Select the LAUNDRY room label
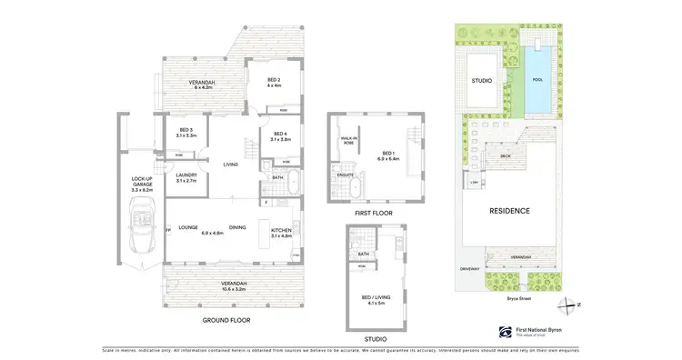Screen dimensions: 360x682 [x=187, y=176]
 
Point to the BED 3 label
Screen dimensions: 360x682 [x=186, y=133]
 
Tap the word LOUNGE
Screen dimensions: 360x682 [x=188, y=227]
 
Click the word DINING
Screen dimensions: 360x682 [x=237, y=227]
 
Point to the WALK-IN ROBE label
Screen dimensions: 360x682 [x=346, y=140]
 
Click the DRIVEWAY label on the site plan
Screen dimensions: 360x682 [x=469, y=268]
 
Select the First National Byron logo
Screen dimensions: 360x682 [x=505, y=332]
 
